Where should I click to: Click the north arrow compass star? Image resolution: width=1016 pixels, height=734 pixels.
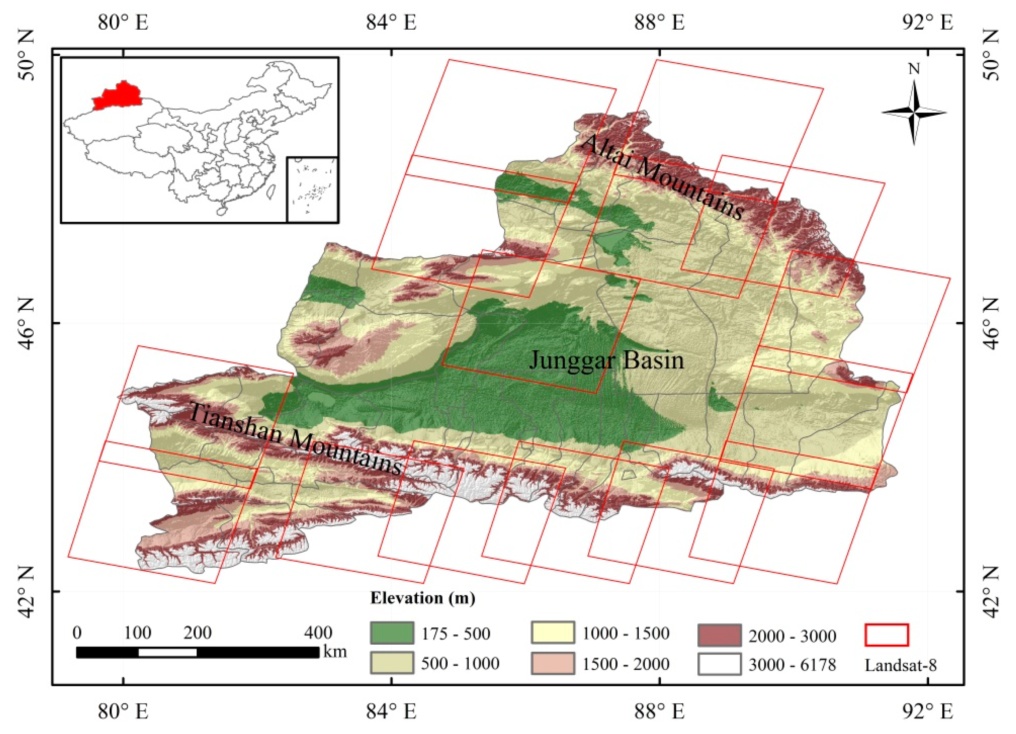click(x=914, y=113)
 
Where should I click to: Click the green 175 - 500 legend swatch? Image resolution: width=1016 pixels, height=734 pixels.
click(x=392, y=633)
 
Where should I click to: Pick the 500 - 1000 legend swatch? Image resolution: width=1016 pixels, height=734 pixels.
click(x=392, y=663)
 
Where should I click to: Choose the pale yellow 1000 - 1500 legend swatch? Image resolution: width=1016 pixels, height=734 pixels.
click(x=552, y=633)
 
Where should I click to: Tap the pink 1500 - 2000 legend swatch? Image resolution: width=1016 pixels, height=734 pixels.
click(x=552, y=663)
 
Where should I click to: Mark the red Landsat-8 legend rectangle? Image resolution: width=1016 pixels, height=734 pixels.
click(x=887, y=635)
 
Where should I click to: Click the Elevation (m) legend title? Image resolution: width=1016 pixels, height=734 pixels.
click(x=422, y=598)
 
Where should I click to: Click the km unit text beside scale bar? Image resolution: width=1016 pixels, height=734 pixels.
click(x=335, y=651)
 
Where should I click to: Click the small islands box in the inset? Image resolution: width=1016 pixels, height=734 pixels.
click(x=312, y=189)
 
